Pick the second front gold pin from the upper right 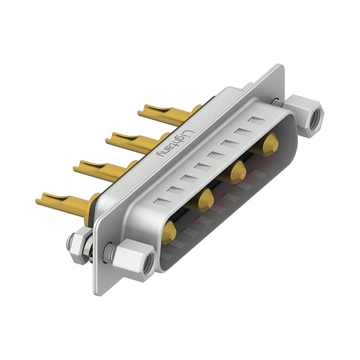237,171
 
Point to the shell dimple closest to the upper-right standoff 257,121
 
